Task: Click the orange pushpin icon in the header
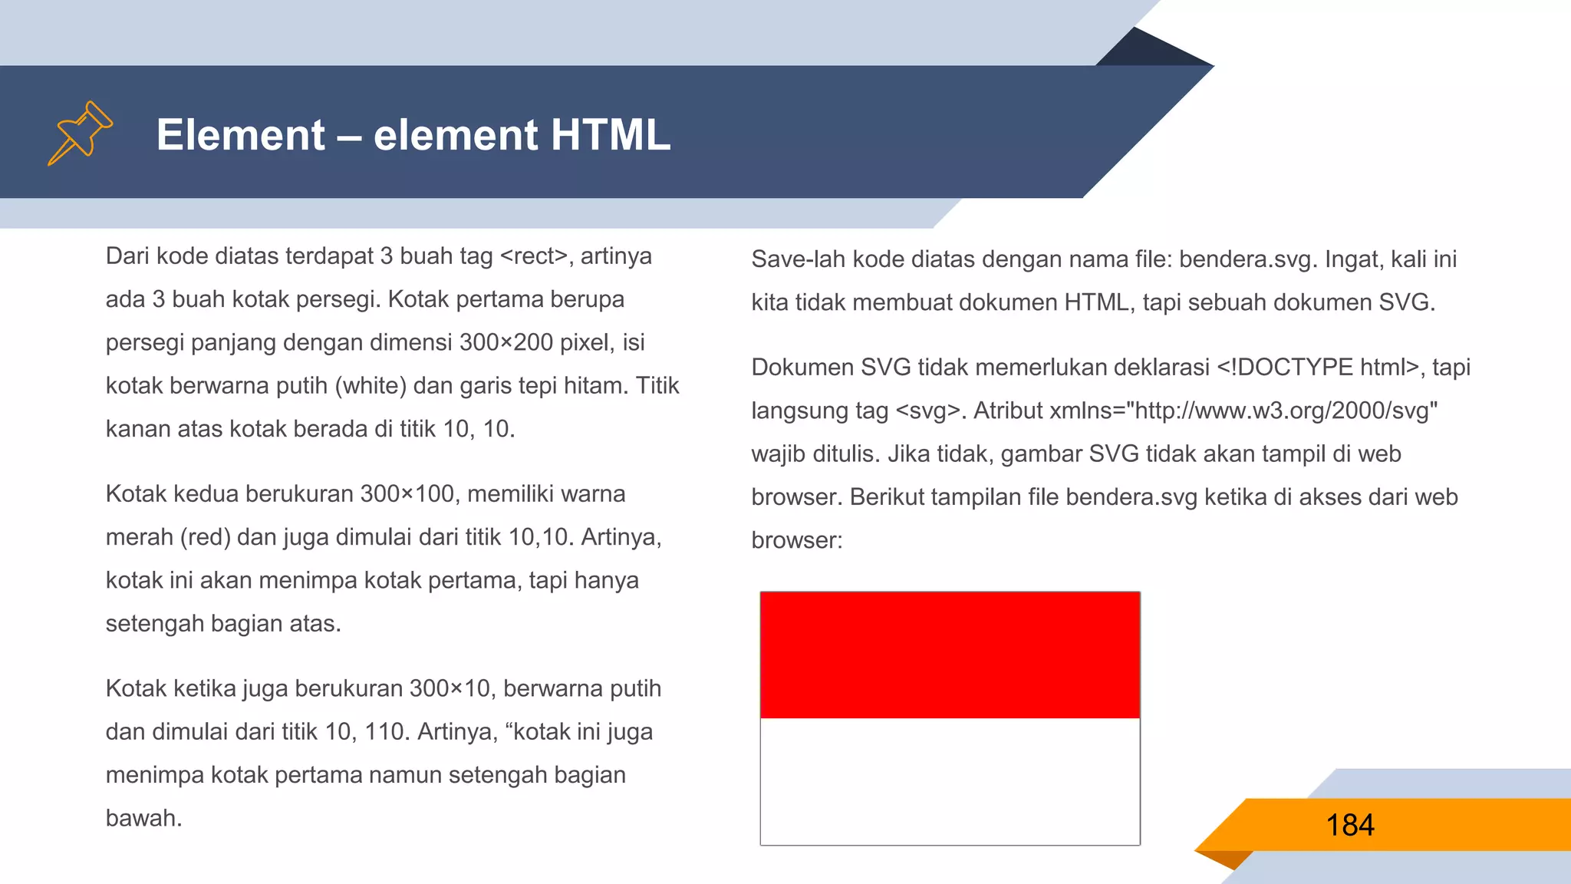[x=80, y=134]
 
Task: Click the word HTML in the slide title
[x=611, y=135]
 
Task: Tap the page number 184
[x=1350, y=826]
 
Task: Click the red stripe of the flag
[x=950, y=655]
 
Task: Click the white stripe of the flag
[x=950, y=781]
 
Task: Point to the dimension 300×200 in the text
[x=506, y=342]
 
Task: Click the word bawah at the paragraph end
[x=143, y=818]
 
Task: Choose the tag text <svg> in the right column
[x=928, y=411]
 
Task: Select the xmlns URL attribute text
[x=1243, y=411]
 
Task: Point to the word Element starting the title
[x=241, y=135]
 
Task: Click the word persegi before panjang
[x=144, y=342]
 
